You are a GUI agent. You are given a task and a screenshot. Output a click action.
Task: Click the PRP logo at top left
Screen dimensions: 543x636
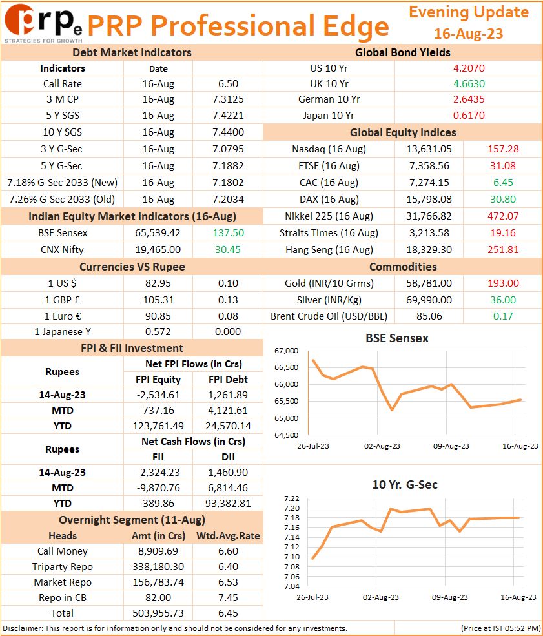click(43, 23)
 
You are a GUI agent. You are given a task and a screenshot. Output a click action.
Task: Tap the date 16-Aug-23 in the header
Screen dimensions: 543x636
click(468, 34)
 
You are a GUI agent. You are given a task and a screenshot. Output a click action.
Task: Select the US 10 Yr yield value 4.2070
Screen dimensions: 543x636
click(469, 68)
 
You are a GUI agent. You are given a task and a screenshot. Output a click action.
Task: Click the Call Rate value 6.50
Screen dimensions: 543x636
click(228, 83)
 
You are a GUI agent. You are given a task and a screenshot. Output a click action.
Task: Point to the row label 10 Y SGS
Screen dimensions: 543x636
click(63, 132)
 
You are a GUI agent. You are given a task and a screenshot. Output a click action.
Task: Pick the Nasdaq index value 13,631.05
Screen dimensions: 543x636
click(429, 149)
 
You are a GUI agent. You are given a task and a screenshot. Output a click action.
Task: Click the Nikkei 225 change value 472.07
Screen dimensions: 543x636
click(503, 216)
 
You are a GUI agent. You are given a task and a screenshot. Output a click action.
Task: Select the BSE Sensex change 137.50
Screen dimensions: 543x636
click(229, 233)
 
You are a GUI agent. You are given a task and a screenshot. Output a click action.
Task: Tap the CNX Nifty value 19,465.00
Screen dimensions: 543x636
click(158, 249)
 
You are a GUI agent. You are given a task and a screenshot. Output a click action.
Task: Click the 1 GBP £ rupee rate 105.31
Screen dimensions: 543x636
click(158, 300)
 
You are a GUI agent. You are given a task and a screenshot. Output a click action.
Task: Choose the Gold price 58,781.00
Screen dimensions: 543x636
click(429, 283)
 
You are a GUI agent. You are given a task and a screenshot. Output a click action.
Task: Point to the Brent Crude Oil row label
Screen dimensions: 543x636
click(329, 316)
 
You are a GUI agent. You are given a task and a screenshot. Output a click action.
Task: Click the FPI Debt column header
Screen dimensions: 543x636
click(229, 379)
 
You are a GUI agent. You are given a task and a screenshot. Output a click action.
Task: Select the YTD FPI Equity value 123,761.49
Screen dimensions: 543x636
click(158, 426)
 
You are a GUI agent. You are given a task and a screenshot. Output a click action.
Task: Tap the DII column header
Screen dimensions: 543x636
click(229, 456)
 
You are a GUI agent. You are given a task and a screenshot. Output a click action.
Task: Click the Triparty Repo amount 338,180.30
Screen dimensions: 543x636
click(158, 567)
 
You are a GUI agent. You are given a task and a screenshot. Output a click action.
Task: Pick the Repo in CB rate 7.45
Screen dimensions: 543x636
click(228, 597)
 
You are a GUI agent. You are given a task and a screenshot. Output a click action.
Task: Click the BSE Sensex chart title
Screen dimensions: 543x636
click(397, 338)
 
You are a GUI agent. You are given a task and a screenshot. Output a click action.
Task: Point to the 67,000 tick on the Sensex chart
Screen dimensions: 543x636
click(286, 351)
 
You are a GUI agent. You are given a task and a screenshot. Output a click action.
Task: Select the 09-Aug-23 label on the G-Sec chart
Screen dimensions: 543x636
click(450, 597)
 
